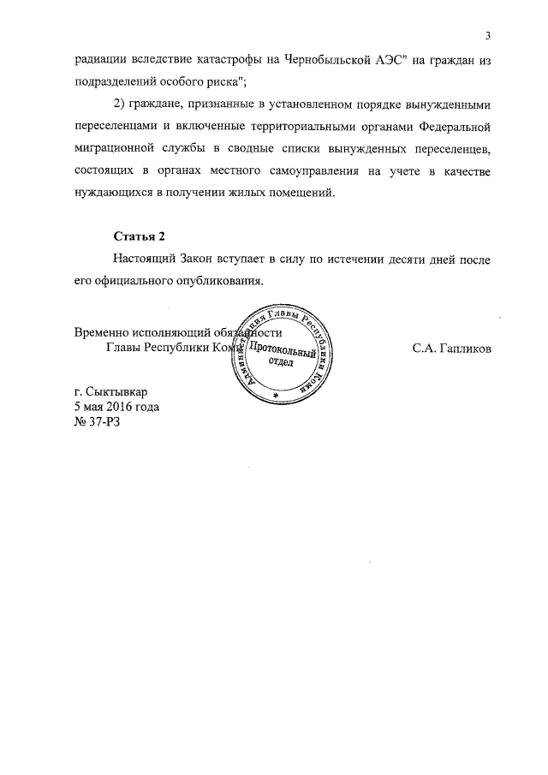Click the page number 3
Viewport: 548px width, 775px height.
[487, 35]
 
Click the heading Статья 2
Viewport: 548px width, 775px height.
[139, 236]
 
